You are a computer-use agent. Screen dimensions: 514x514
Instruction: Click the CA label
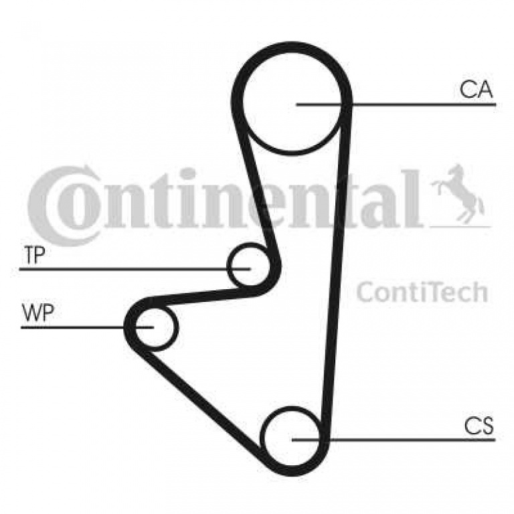pos(476,90)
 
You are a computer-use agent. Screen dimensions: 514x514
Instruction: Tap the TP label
pos(34,255)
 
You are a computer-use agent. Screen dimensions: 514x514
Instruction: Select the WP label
pos(37,313)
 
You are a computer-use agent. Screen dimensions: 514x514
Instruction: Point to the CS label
pos(479,426)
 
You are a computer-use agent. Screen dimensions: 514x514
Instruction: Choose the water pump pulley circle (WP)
pos(177,327)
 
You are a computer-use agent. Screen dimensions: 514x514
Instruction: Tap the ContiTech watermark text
pos(422,292)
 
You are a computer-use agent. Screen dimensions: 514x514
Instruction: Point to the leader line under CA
pos(396,104)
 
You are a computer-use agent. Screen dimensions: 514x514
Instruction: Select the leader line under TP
pos(135,269)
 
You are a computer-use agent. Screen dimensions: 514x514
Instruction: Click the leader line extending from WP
pos(87,327)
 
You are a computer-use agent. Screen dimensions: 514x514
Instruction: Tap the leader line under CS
pos(394,440)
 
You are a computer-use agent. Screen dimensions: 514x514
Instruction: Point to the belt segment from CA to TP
pos(258,190)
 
